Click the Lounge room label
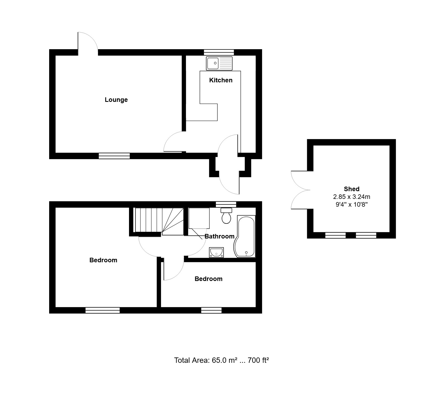tap(116, 100)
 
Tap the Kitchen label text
tap(221, 80)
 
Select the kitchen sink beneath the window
tap(219, 63)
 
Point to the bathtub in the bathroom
tap(245, 236)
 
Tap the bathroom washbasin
tap(217, 252)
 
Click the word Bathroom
tap(220, 236)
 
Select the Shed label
tap(352, 189)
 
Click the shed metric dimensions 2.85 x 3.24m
tap(352, 197)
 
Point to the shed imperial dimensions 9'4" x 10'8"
tap(352, 205)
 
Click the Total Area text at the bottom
tap(221, 360)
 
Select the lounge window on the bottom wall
tap(114, 156)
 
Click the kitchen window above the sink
tap(219, 52)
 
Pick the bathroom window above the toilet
tap(226, 204)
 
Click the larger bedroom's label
tap(103, 260)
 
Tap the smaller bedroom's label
tap(208, 279)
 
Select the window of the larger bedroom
tap(103, 310)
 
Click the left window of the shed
tap(335, 235)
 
